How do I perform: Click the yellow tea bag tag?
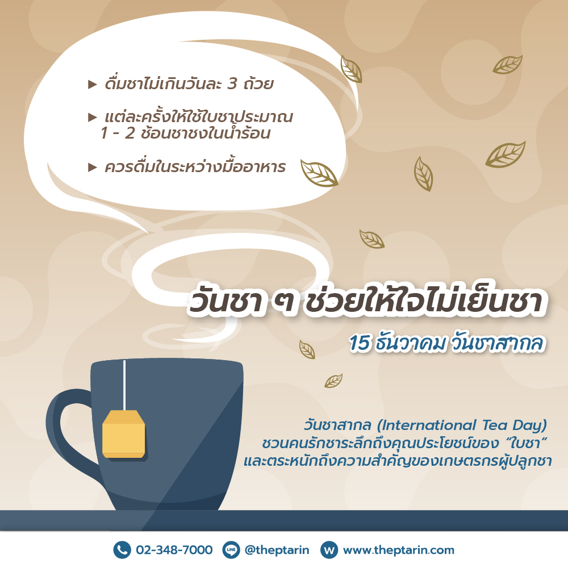(123, 434)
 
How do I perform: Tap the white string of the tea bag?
(124, 385)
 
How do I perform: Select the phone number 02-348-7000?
(174, 550)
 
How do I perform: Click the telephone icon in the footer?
(122, 550)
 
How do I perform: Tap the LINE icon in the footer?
(231, 550)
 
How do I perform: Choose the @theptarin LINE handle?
(277, 550)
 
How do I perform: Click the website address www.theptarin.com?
(399, 550)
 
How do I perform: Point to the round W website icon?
(329, 550)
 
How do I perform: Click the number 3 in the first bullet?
(232, 83)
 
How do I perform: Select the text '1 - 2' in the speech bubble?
(118, 133)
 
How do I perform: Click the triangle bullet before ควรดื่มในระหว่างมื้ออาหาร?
(93, 168)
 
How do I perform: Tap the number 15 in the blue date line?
(360, 343)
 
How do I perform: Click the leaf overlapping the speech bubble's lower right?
(319, 173)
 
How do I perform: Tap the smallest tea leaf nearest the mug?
(333, 381)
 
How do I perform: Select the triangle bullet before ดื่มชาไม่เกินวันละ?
(93, 85)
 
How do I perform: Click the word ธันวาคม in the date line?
(411, 343)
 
